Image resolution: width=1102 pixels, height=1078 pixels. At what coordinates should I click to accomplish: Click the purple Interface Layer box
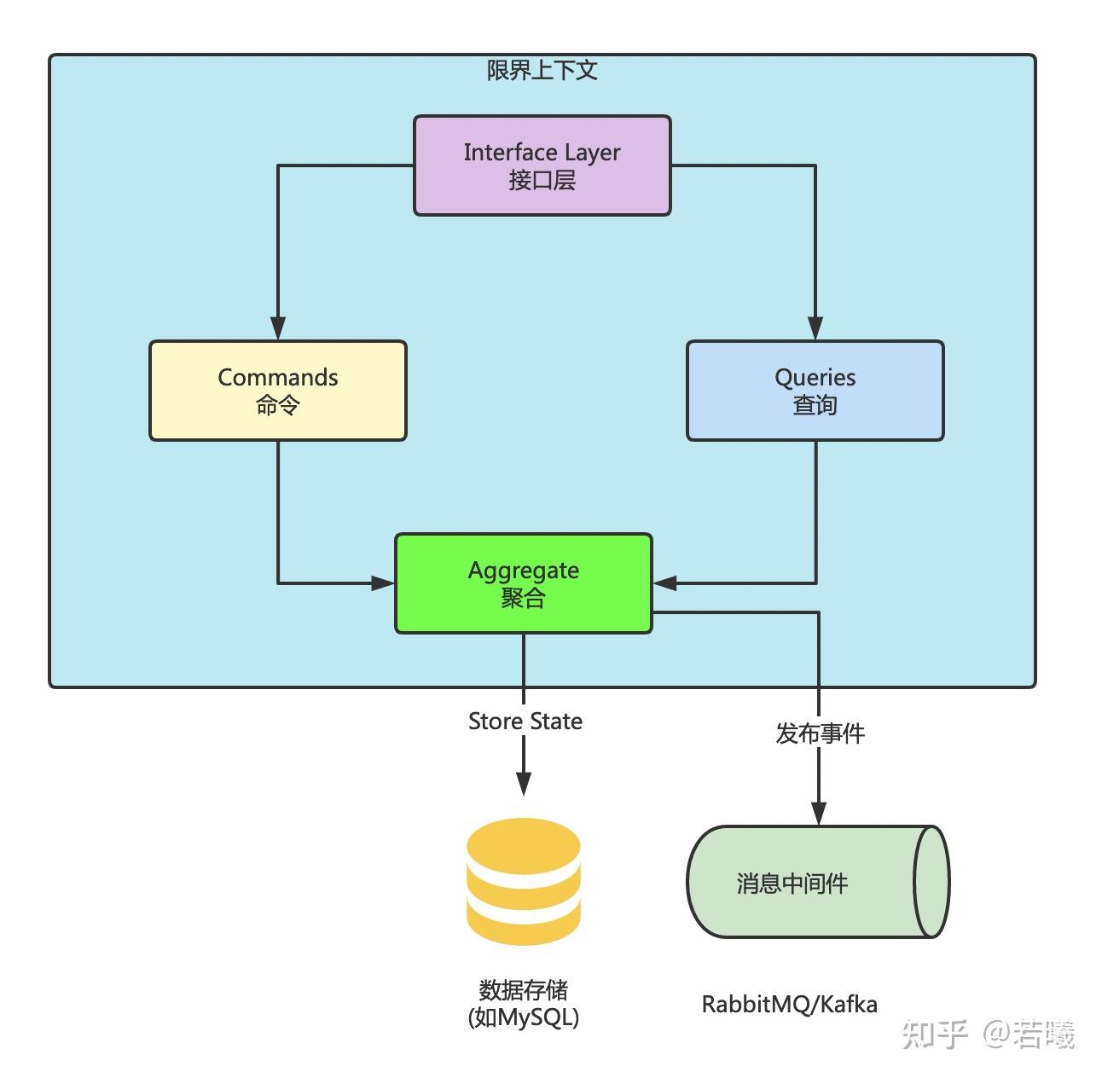[x=542, y=165]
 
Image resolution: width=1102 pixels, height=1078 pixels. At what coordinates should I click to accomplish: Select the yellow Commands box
[x=277, y=391]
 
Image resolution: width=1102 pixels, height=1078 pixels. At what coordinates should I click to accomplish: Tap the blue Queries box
[x=815, y=391]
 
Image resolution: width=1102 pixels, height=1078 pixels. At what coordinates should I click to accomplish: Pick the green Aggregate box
[x=523, y=583]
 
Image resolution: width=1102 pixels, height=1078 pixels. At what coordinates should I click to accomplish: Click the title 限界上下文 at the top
[x=542, y=70]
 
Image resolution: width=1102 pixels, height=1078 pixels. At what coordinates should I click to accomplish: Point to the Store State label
[x=525, y=722]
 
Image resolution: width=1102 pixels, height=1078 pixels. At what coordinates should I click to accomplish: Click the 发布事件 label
[x=820, y=733]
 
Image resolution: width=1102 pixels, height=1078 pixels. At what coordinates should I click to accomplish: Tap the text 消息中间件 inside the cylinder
[x=792, y=884]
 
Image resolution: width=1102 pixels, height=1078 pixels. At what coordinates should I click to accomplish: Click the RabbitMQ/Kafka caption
[x=789, y=1005]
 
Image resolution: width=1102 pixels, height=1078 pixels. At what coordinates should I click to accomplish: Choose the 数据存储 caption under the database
[x=523, y=990]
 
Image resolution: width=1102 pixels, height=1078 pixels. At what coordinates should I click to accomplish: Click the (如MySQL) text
[x=523, y=1017]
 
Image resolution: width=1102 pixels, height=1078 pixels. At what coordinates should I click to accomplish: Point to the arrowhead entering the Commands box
[x=277, y=328]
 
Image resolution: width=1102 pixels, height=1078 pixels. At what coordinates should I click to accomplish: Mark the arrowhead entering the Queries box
[x=815, y=328]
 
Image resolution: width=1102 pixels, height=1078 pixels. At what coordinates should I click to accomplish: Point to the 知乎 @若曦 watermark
[x=987, y=1035]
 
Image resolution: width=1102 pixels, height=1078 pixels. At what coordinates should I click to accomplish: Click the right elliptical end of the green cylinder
[x=931, y=882]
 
